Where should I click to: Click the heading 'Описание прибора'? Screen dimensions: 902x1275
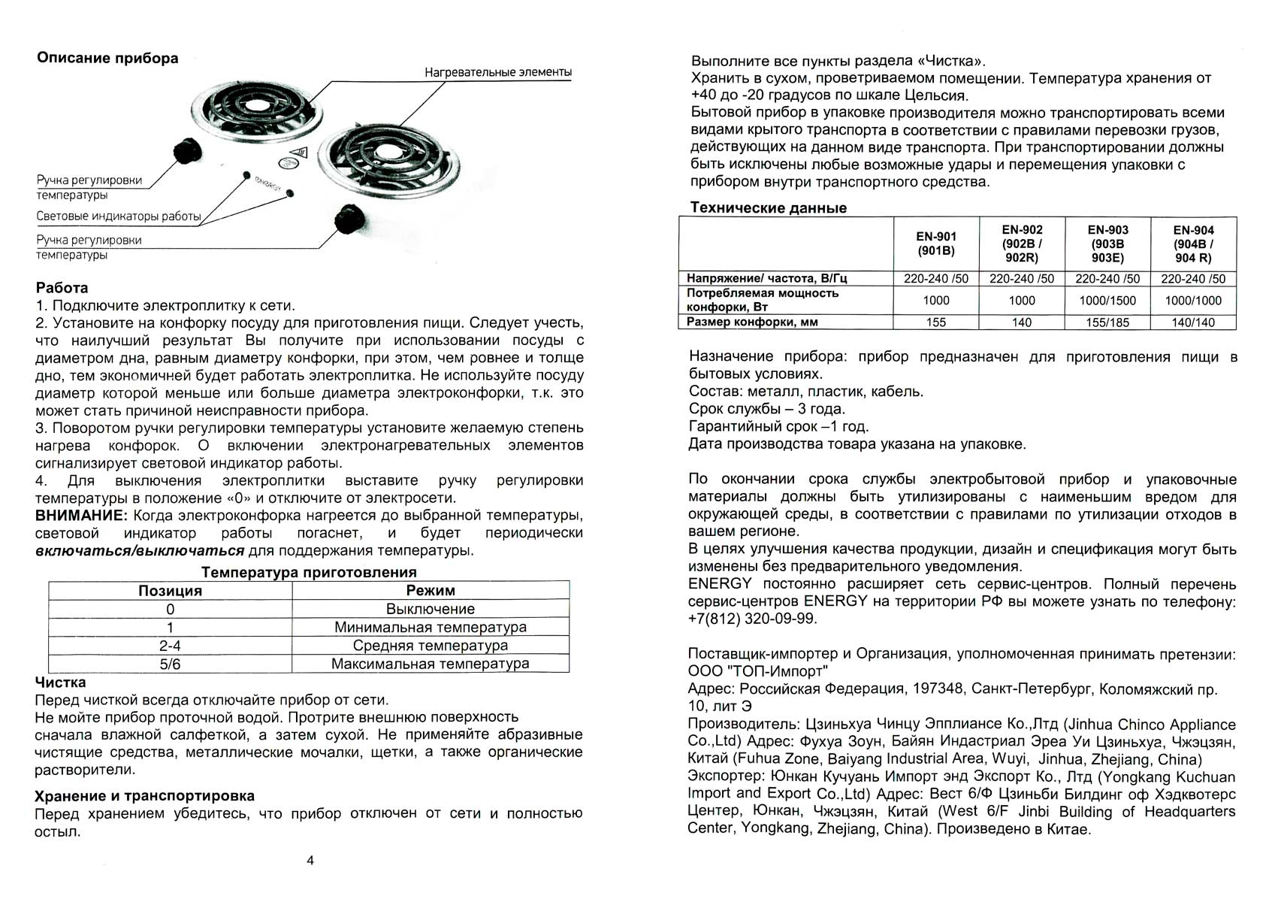click(x=107, y=59)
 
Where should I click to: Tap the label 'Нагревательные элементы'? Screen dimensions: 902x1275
click(x=497, y=73)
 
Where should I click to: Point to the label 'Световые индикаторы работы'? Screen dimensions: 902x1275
click(x=119, y=216)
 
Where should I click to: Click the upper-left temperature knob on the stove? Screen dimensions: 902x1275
click(x=185, y=151)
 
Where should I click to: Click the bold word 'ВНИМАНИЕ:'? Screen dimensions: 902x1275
click(x=81, y=516)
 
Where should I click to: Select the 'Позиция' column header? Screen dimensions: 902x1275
click(x=170, y=591)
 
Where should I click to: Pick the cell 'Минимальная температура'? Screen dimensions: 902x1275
click(x=431, y=628)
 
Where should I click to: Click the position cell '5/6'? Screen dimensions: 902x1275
click(x=170, y=664)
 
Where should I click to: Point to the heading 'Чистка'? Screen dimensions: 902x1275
click(x=60, y=683)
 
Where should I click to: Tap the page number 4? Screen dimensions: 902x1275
click(x=310, y=861)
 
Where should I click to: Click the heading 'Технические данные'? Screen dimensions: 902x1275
click(x=768, y=208)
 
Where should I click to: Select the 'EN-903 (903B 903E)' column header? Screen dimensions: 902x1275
click(x=1107, y=244)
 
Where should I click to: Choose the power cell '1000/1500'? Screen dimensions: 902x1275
click(x=1107, y=301)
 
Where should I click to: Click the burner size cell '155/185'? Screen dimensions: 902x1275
click(x=1107, y=322)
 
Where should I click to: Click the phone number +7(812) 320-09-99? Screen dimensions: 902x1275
click(x=752, y=619)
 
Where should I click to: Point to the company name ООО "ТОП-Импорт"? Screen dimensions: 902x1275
click(x=758, y=671)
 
